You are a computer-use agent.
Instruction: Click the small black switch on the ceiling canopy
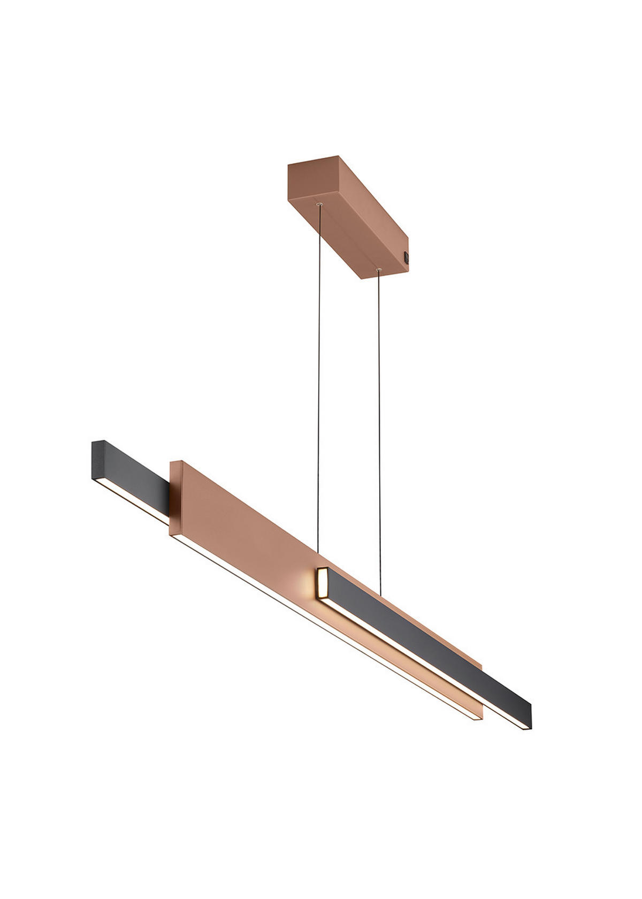(x=406, y=257)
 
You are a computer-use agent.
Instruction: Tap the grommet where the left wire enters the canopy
(x=320, y=204)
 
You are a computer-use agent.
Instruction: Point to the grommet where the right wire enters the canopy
(x=379, y=269)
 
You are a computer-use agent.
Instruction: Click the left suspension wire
(x=319, y=375)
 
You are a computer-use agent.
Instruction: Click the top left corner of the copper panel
(x=171, y=462)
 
